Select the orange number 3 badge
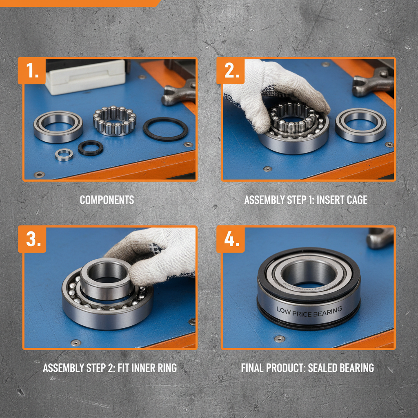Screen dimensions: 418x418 click(33, 239)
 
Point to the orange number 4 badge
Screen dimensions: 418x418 click(231, 239)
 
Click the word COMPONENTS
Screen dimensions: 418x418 click(107, 200)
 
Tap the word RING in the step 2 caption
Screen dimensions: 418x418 click(166, 368)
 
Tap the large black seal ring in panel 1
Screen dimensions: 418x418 click(165, 129)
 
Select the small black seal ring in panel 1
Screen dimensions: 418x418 click(91, 147)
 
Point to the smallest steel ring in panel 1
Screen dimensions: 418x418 click(64, 155)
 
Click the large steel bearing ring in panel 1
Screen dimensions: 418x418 click(58, 127)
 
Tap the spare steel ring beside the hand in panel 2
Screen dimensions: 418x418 click(360, 125)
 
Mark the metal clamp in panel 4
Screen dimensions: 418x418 click(380, 238)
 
